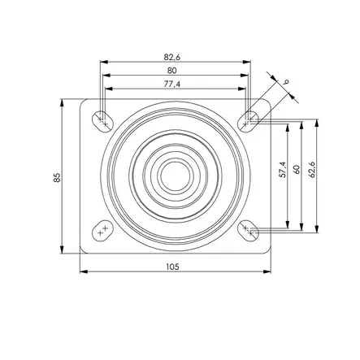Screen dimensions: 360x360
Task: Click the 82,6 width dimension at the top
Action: [172, 56]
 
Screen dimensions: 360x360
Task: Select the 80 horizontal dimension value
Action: [172, 70]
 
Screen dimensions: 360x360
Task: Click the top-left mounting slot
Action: [103, 119]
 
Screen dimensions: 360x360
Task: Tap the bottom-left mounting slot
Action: [102, 232]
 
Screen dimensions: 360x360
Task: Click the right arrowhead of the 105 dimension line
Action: [267, 271]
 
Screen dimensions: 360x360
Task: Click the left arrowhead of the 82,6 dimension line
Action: [102, 62]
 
